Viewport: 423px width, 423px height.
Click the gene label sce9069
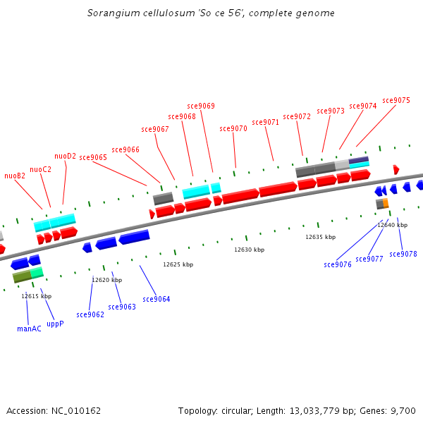pyautogui.click(x=201, y=106)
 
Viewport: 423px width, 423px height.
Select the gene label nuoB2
pyautogui.click(x=15, y=176)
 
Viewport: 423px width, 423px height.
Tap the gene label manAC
pyautogui.click(x=29, y=328)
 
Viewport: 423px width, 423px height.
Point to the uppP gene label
pyautogui.click(x=55, y=324)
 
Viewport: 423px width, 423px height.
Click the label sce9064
pyautogui.click(x=157, y=299)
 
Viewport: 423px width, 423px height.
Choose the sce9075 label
pyautogui.click(x=396, y=100)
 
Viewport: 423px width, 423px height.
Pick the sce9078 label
pyautogui.click(x=403, y=254)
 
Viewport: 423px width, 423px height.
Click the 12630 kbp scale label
pyautogui.click(x=249, y=250)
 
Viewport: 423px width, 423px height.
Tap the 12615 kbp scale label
pyautogui.click(x=36, y=296)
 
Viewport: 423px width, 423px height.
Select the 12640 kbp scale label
pyautogui.click(x=391, y=225)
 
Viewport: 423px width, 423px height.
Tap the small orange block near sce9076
pyautogui.click(x=386, y=203)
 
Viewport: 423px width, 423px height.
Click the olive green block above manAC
pyautogui.click(x=21, y=276)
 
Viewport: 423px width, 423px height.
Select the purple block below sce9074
pyautogui.click(x=359, y=159)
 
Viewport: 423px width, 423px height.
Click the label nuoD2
pyautogui.click(x=66, y=156)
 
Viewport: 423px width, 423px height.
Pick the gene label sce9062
pyautogui.click(x=90, y=314)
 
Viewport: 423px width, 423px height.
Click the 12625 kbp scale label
pyautogui.click(x=178, y=264)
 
